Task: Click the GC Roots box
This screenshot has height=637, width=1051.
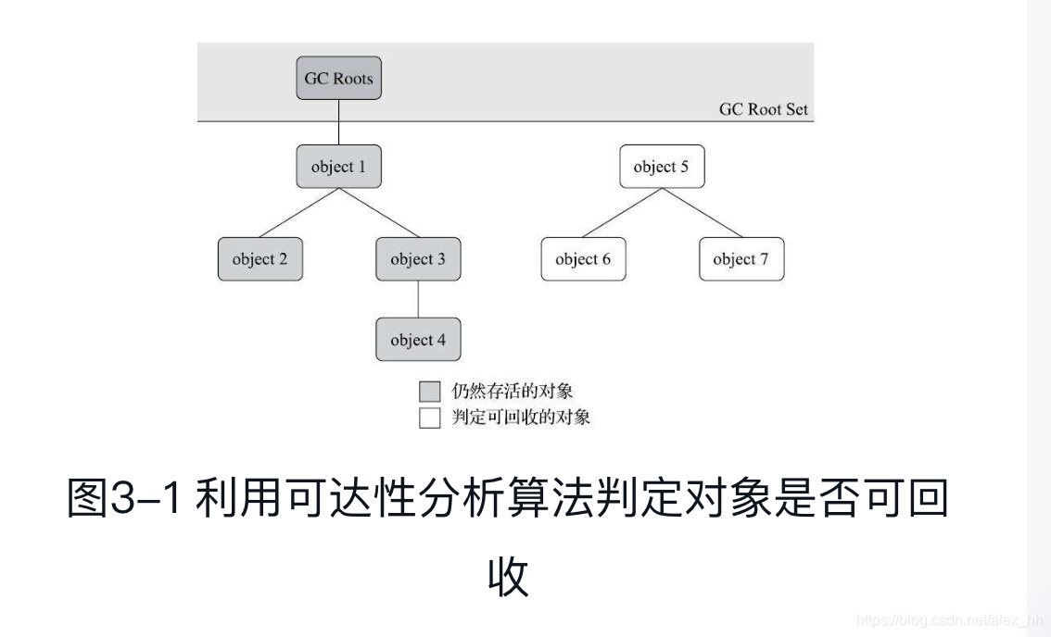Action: [x=338, y=79]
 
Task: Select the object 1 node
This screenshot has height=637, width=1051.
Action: [x=338, y=168]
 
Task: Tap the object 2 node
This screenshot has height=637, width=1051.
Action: [x=260, y=259]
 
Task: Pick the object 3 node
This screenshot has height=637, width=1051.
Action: [x=418, y=259]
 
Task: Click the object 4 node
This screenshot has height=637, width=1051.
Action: [x=418, y=340]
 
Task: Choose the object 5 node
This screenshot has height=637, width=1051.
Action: [x=661, y=168]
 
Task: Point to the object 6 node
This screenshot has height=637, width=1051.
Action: [x=583, y=259]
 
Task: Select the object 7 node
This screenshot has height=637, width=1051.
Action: [x=741, y=259]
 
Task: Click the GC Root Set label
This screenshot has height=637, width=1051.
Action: [x=763, y=109]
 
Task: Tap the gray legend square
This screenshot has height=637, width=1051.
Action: [x=429, y=392]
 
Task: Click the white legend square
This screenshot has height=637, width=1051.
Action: [x=429, y=418]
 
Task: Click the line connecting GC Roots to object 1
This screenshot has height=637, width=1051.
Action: [x=338, y=123]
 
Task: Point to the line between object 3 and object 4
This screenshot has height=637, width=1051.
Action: [x=418, y=300]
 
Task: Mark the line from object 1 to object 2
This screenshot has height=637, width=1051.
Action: [x=298, y=213]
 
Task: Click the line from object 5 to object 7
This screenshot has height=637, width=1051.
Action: [x=702, y=213]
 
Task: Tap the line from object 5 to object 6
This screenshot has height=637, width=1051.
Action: [x=621, y=213]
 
